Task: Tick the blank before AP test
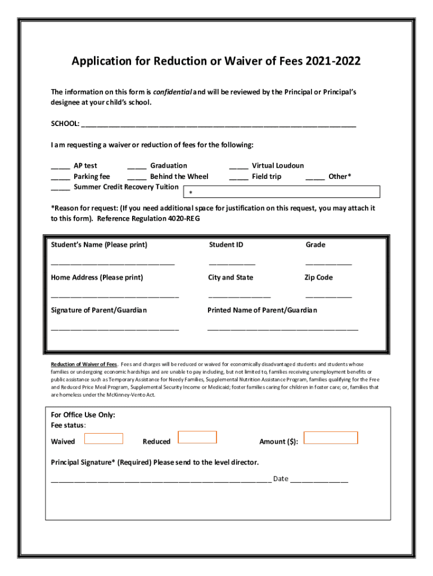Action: click(x=60, y=167)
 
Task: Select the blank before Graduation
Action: click(x=137, y=167)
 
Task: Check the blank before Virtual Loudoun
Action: click(x=238, y=167)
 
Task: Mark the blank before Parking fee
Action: click(x=60, y=178)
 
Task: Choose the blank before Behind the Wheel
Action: click(x=137, y=178)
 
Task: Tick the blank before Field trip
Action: click(x=238, y=178)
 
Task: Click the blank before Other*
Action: click(x=315, y=178)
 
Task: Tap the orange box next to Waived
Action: click(x=103, y=438)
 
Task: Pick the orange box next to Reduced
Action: click(x=197, y=437)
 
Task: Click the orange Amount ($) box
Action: click(x=331, y=438)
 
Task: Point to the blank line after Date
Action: click(x=319, y=481)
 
